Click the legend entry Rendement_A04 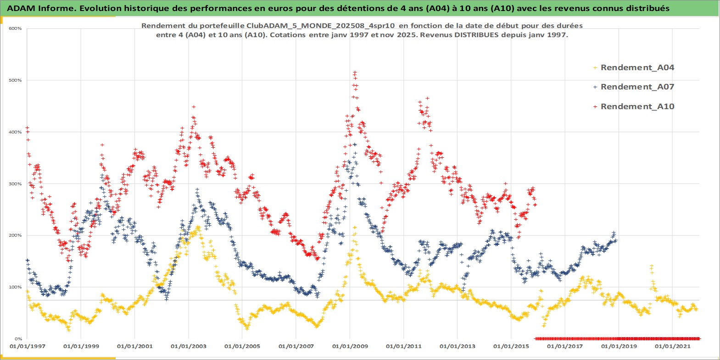tap(637, 67)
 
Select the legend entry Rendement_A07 tap(637, 87)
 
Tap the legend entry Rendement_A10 tap(637, 106)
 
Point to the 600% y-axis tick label tap(15, 28)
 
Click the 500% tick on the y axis tap(15, 80)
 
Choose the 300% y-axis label tap(15, 184)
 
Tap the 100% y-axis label tap(15, 287)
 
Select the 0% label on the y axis tap(17, 339)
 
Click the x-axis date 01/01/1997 tap(28, 346)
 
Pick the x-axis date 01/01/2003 tap(189, 346)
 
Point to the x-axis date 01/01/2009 tap(350, 346)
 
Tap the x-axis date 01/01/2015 tap(511, 346)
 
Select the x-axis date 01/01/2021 tap(672, 346)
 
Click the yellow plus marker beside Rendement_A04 tap(595, 68)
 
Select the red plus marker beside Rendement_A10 tap(595, 107)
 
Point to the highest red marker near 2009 tap(355, 72)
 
